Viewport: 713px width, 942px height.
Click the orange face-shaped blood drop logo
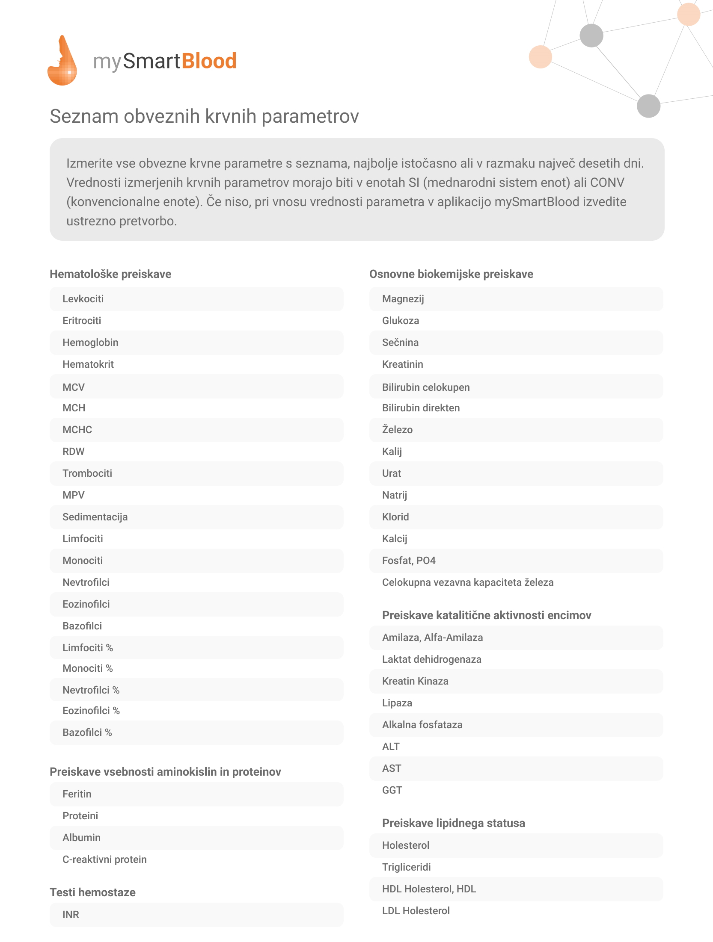pos(62,61)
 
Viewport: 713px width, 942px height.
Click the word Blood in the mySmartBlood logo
pos(209,61)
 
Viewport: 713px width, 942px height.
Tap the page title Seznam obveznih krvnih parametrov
pos(204,116)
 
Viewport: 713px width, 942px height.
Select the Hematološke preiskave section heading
pos(110,274)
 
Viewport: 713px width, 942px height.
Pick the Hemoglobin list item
pos(90,343)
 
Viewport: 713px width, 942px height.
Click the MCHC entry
pos(77,430)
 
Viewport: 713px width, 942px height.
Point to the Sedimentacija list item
pos(95,517)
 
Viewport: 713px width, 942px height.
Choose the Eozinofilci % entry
pos(91,711)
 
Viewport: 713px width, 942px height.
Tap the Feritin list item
pos(77,794)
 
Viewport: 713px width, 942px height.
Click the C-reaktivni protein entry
pos(104,859)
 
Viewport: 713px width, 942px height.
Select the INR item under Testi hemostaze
pos(71,915)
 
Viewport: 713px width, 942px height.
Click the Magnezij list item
pos(403,299)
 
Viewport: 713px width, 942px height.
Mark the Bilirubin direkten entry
pos(421,408)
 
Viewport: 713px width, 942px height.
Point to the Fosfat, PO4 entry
pos(409,561)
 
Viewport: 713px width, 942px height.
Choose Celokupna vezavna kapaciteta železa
pos(468,582)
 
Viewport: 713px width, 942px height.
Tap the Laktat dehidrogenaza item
pos(431,659)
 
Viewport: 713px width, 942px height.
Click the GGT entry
pos(392,790)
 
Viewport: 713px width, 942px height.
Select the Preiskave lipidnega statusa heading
pos(453,823)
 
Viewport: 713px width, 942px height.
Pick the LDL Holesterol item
pos(416,911)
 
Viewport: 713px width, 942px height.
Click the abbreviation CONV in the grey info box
pos(607,183)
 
